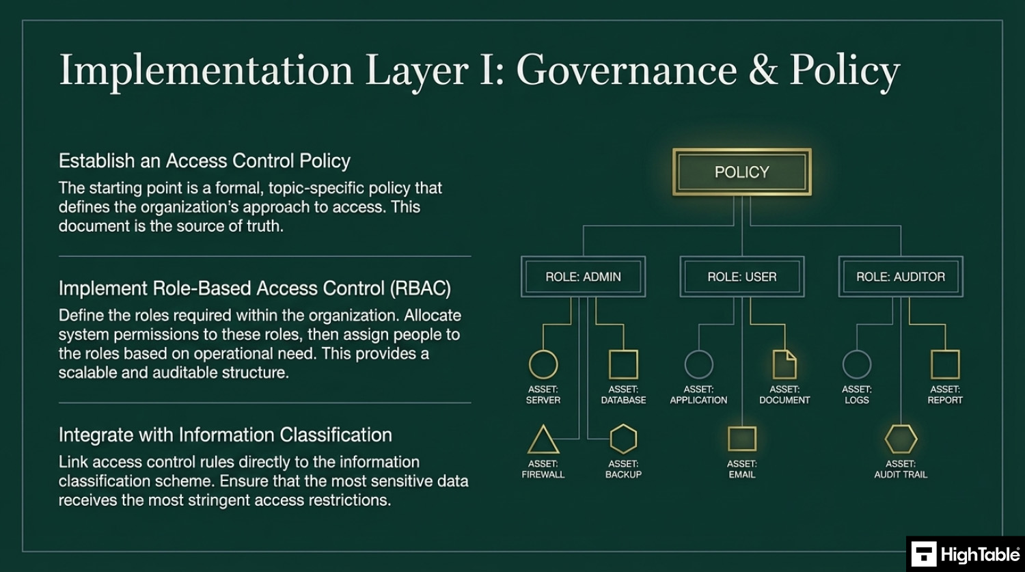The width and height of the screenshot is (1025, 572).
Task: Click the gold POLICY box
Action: (x=741, y=172)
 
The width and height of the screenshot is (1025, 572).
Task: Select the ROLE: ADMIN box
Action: (x=583, y=277)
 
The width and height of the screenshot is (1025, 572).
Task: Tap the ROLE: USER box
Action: (x=741, y=277)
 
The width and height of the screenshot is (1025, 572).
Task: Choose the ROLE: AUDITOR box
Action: (x=900, y=277)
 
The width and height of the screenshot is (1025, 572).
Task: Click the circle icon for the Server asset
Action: (x=543, y=364)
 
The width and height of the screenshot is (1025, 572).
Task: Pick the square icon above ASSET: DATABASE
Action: (x=623, y=364)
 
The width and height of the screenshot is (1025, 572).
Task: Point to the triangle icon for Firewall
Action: (x=543, y=440)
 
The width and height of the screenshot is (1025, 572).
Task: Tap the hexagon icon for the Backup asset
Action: (x=623, y=439)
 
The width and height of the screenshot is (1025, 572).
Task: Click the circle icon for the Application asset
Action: (x=698, y=364)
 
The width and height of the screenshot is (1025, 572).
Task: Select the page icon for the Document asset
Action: (x=784, y=364)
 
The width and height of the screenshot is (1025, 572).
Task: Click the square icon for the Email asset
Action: (x=741, y=439)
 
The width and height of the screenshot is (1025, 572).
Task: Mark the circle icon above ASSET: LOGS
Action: (x=856, y=364)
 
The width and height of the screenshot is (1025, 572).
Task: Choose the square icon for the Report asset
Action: (x=945, y=364)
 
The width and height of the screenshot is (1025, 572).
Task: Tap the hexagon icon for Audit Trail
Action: (x=901, y=439)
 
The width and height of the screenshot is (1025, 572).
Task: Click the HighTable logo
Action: (x=965, y=554)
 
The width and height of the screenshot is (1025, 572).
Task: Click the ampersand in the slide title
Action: (x=763, y=71)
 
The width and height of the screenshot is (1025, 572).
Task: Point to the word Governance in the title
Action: (x=627, y=71)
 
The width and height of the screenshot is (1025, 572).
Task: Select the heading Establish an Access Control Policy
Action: (x=204, y=161)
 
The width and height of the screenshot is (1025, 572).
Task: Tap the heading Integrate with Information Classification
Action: (x=225, y=435)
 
